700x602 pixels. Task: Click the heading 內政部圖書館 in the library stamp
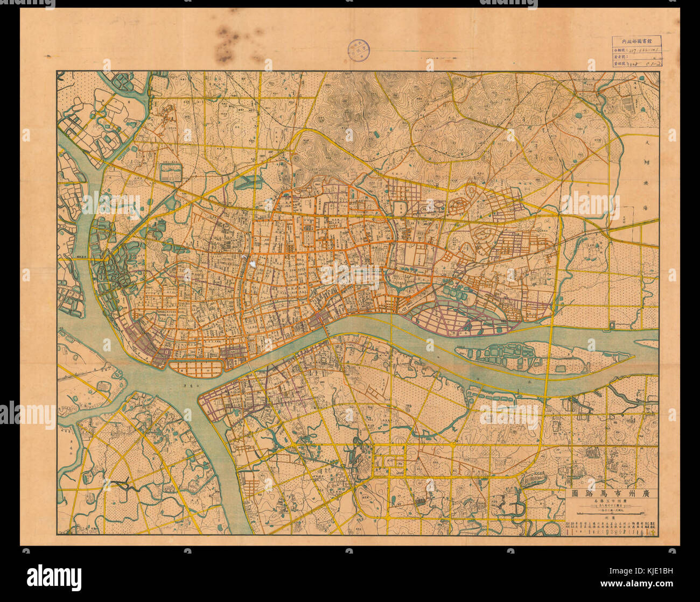[x=636, y=40]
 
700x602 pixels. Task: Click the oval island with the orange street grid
[x=197, y=368]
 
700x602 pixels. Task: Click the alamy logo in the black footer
[x=54, y=577]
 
